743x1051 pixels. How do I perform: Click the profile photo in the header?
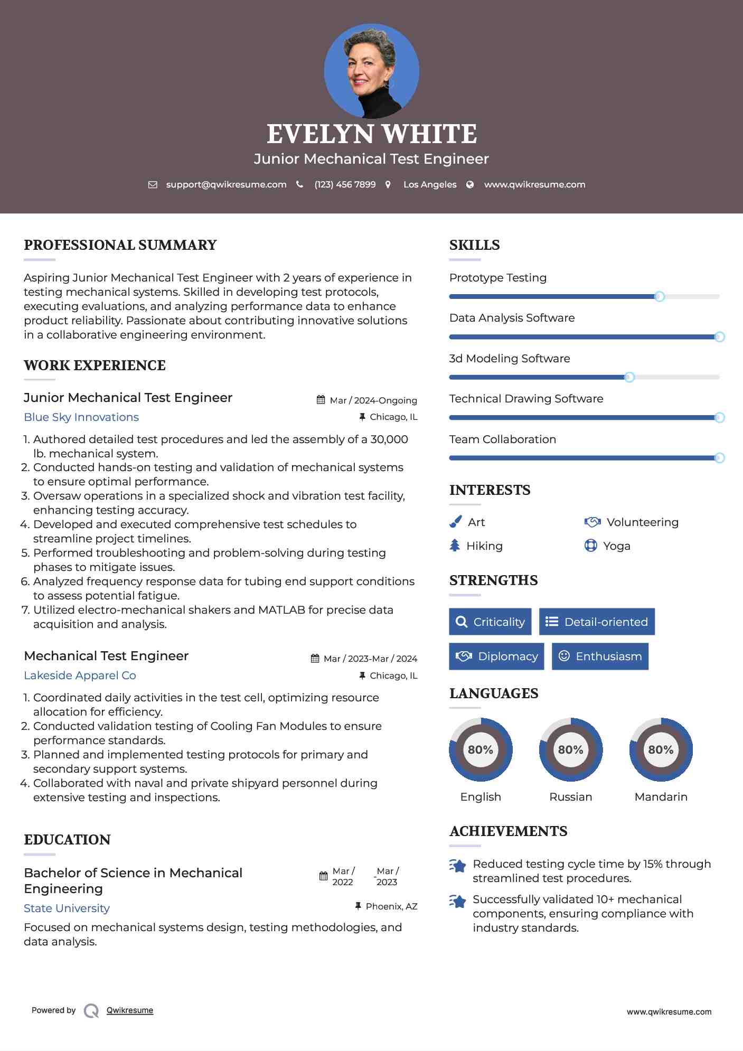tap(371, 71)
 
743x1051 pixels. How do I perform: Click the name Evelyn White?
tap(371, 134)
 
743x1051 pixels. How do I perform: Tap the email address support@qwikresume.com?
tap(226, 184)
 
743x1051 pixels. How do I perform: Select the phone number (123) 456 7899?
tap(345, 184)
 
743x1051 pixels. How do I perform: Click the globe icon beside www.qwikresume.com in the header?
tap(470, 184)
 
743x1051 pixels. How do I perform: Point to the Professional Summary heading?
tap(120, 245)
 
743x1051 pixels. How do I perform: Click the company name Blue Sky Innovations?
tap(81, 417)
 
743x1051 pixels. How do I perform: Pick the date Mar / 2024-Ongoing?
tap(373, 400)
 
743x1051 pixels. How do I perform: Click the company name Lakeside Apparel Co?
tap(80, 675)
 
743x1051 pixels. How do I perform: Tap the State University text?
tap(67, 908)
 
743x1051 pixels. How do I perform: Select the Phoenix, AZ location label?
tap(391, 906)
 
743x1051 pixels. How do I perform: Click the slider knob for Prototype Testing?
tap(659, 296)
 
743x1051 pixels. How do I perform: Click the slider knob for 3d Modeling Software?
tap(629, 377)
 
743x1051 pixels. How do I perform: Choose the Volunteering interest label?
tap(642, 522)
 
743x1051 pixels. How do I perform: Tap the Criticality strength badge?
tap(490, 622)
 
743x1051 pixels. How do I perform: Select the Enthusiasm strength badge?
tap(600, 656)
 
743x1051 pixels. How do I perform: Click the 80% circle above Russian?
tap(570, 749)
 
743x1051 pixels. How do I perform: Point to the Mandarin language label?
tap(661, 796)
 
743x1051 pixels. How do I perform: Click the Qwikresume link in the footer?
tap(130, 1010)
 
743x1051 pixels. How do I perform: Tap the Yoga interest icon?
tap(590, 546)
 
